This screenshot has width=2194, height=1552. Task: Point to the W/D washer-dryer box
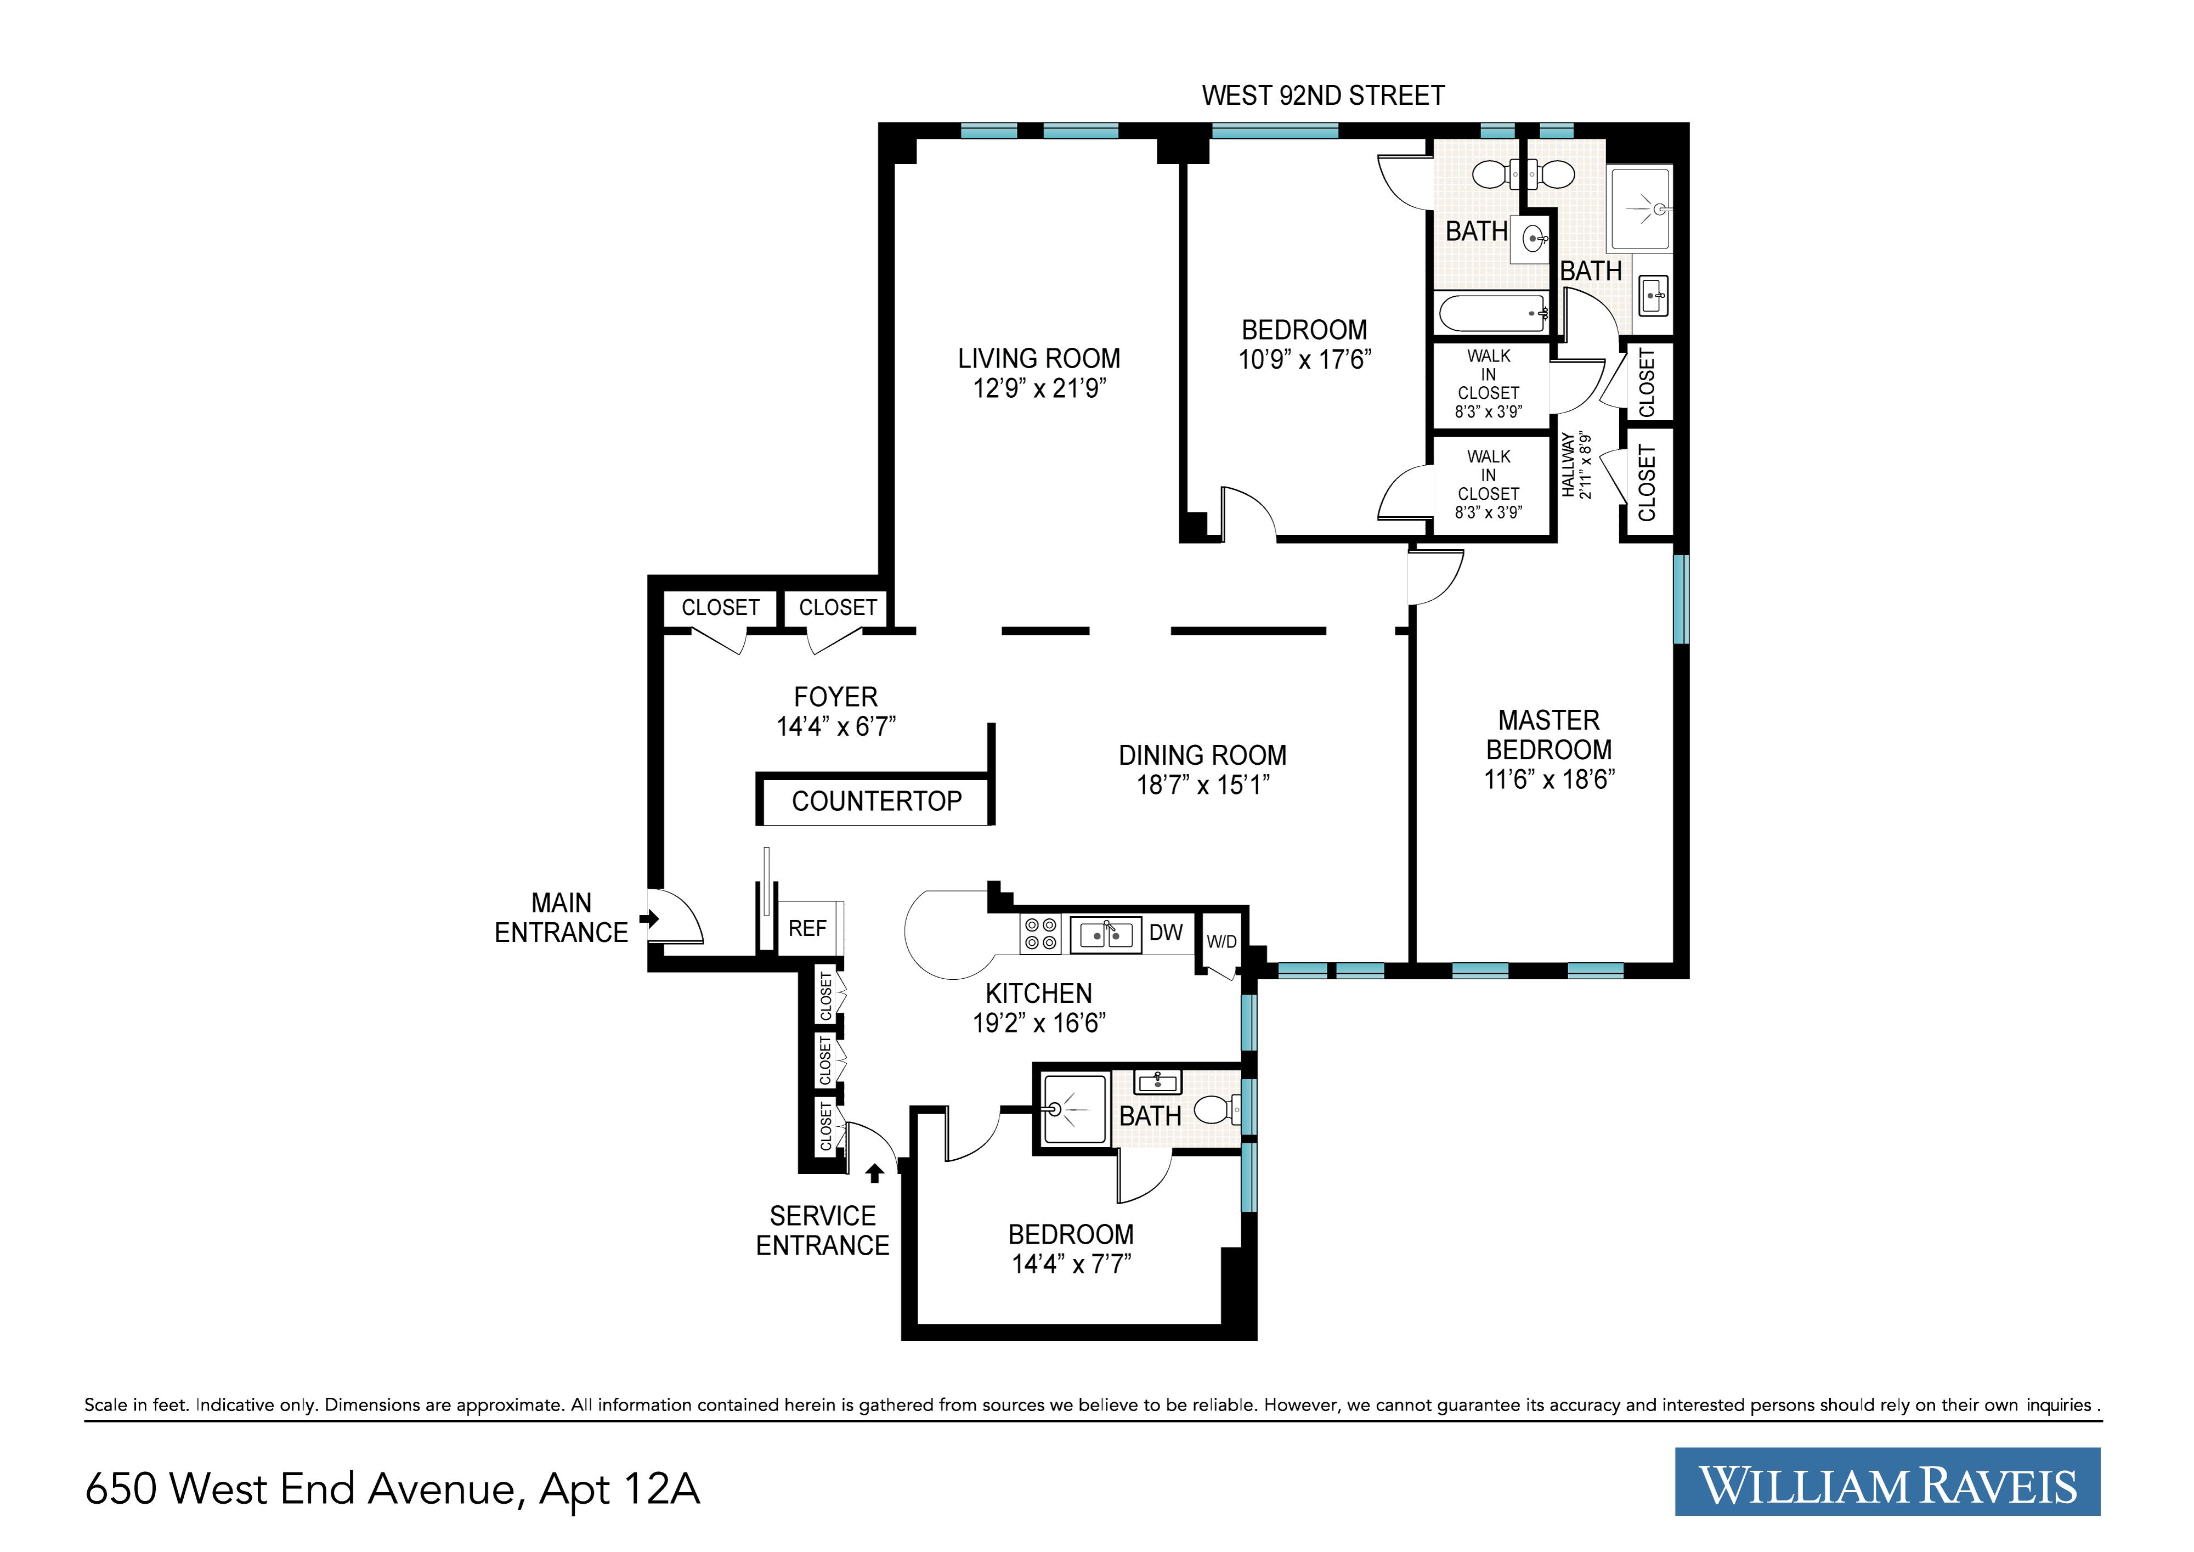[x=1220, y=941]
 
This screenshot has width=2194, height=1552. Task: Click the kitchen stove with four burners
[x=1039, y=934]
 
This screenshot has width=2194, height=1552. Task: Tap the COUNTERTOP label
[x=877, y=801]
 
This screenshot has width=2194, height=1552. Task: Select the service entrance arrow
[x=874, y=1172]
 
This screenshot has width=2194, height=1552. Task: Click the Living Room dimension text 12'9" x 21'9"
[x=1039, y=388]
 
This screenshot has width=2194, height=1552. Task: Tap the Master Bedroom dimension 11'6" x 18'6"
[x=1549, y=780]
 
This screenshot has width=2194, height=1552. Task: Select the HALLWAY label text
[x=1568, y=465]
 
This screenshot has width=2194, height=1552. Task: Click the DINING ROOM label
[x=1202, y=755]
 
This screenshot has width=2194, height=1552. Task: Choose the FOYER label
[x=835, y=697]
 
